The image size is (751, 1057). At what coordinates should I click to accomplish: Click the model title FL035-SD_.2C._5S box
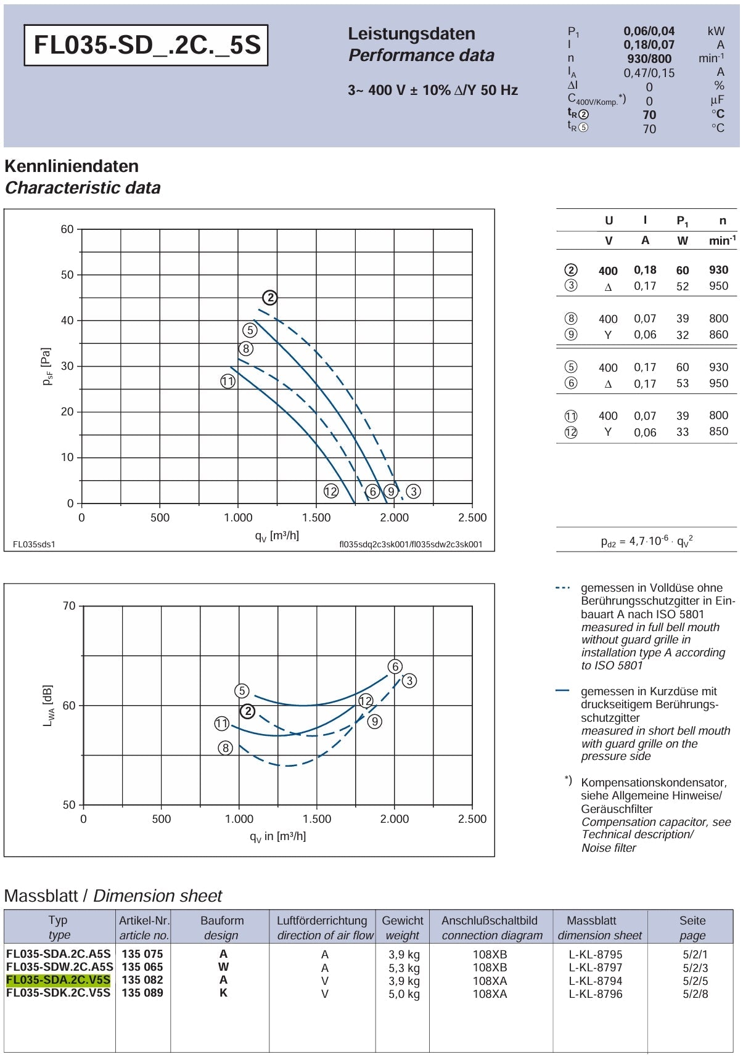(146, 45)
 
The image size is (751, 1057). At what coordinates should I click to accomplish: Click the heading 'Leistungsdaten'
(411, 33)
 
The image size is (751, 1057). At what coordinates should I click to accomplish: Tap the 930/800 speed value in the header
(649, 59)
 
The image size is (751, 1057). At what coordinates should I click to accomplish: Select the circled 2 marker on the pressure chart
(270, 298)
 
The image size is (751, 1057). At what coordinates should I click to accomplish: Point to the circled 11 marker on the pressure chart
(228, 382)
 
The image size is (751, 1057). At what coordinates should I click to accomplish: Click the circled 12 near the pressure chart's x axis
(331, 491)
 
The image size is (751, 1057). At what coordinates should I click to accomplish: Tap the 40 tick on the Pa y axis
(67, 320)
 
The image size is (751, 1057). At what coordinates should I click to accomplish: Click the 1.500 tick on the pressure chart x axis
(316, 518)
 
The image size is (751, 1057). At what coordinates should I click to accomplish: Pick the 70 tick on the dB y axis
(69, 606)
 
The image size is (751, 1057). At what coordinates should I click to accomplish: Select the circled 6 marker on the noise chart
(395, 666)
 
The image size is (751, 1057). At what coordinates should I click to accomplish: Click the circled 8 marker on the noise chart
(226, 748)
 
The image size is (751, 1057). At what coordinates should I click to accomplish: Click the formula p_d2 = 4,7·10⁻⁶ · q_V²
(647, 541)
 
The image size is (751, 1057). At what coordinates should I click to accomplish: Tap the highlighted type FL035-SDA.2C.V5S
(59, 980)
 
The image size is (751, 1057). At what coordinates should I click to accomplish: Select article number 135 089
(142, 993)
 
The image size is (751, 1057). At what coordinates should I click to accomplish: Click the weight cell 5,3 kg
(404, 968)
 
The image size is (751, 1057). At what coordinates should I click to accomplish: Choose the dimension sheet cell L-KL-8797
(596, 968)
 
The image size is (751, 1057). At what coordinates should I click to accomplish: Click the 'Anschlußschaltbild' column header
(490, 920)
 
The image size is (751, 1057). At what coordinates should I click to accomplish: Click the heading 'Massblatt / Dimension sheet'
(113, 896)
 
